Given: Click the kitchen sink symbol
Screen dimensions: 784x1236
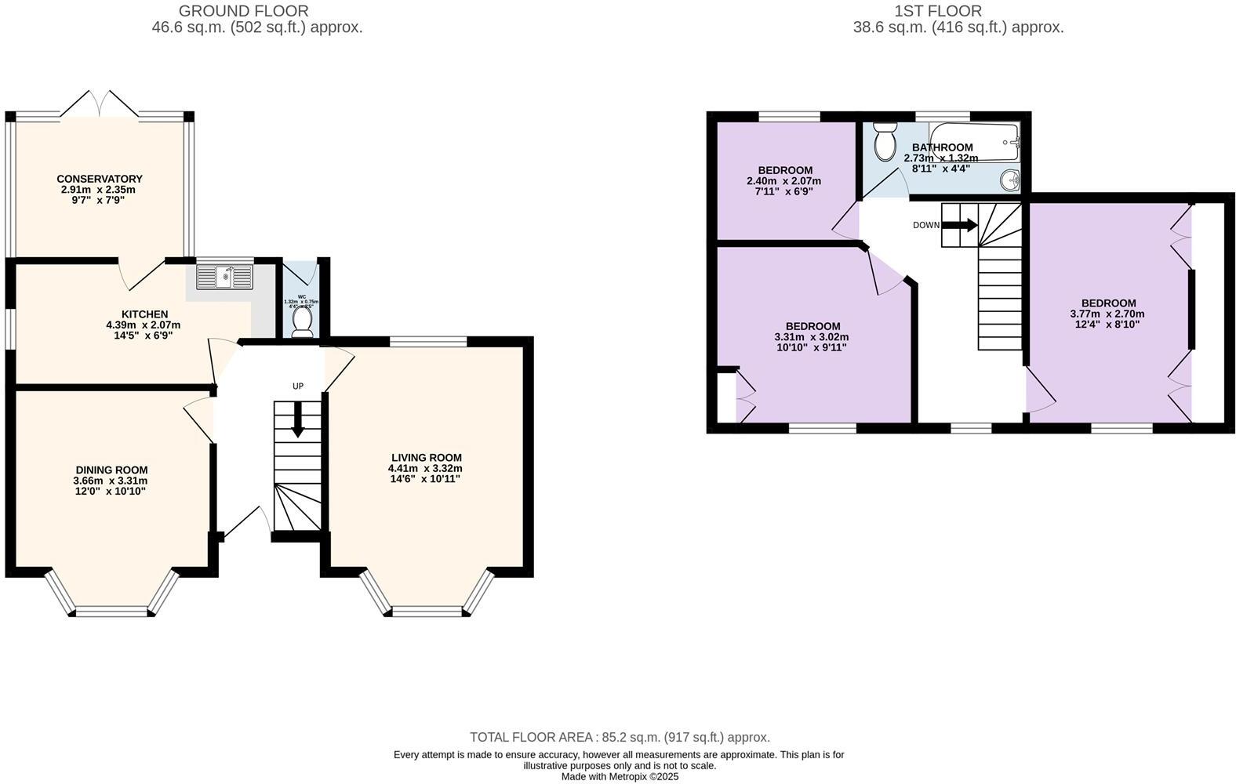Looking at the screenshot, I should (x=225, y=276).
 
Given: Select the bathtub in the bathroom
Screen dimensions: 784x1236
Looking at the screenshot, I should (x=973, y=142).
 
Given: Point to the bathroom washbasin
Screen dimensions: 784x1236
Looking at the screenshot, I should (x=1011, y=180).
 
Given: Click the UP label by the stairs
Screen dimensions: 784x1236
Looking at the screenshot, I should (x=297, y=386).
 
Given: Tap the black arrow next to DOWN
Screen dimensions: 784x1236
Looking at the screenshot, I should (x=959, y=225).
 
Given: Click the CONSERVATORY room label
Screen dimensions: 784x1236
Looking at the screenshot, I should (x=99, y=179).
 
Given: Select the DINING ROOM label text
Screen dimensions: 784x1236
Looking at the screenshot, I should (x=111, y=470).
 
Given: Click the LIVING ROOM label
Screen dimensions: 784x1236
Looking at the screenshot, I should (x=427, y=458).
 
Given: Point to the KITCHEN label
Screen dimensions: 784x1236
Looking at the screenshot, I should (x=144, y=314).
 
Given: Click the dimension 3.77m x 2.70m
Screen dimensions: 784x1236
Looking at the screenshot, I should (x=1107, y=314).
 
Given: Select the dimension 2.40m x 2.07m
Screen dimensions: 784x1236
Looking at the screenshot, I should (x=783, y=181).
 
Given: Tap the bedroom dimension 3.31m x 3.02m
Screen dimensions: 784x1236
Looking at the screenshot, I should (x=812, y=337).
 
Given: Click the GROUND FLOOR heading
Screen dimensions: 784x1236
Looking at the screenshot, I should (x=243, y=11).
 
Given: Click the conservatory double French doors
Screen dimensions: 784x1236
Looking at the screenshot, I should (x=100, y=104).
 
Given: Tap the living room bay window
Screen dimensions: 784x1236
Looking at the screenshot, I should (x=427, y=610).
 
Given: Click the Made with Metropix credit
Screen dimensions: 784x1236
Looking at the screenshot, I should (x=619, y=777).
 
